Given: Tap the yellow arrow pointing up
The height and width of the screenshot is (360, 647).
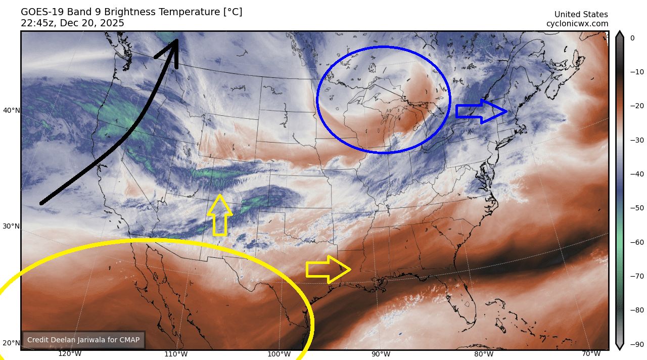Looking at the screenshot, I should pos(220,216).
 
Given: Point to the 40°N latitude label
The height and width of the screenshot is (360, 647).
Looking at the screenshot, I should pos(12,110).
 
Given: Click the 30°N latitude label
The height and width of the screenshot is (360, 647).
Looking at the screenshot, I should pos(12,226).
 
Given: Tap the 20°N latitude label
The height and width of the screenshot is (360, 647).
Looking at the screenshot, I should pos(12,343).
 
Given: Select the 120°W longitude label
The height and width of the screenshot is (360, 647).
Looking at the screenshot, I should pos(70,354).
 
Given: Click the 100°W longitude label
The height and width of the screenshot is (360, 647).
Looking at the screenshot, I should pos(279,354).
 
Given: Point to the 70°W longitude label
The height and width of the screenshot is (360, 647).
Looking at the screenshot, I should pos(591,354).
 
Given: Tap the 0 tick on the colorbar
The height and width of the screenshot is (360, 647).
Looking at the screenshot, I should pos(632,38).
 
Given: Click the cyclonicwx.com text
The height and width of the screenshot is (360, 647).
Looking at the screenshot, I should pos(577,24).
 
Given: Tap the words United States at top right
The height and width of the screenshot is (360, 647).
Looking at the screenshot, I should pos(581,15).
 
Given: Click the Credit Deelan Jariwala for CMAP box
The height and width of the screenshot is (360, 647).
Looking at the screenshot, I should pos(83,340).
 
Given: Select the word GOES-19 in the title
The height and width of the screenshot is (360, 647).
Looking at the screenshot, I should pos(39,12).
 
